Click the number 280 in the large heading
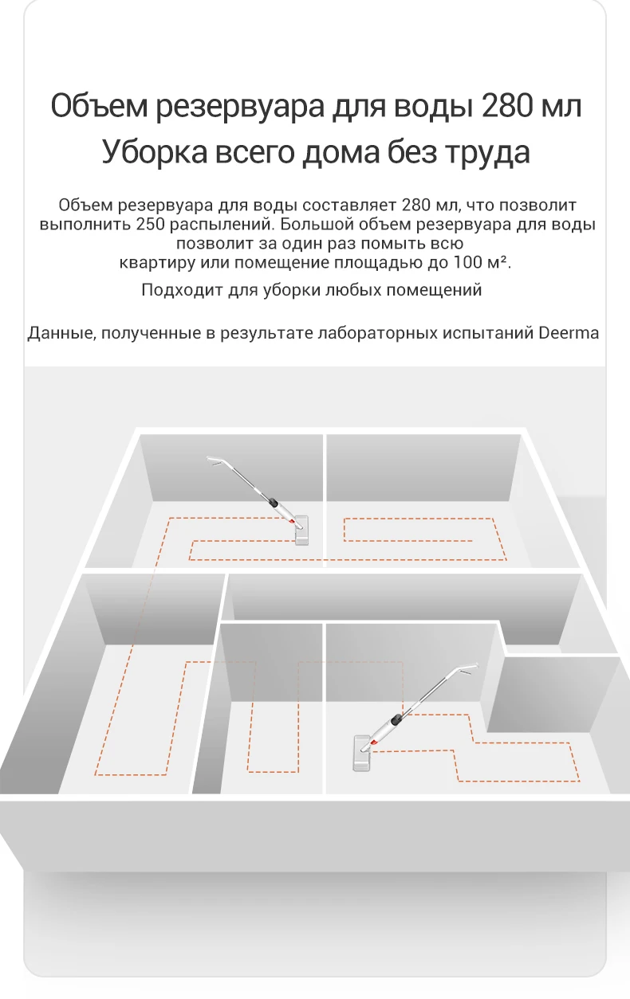coord(508,106)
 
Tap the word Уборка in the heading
coord(155,151)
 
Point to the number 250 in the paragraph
coord(151,224)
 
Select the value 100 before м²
coord(468,262)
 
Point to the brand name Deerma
coord(569,333)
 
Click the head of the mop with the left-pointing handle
coord(301,530)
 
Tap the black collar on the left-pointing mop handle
coord(273,503)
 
